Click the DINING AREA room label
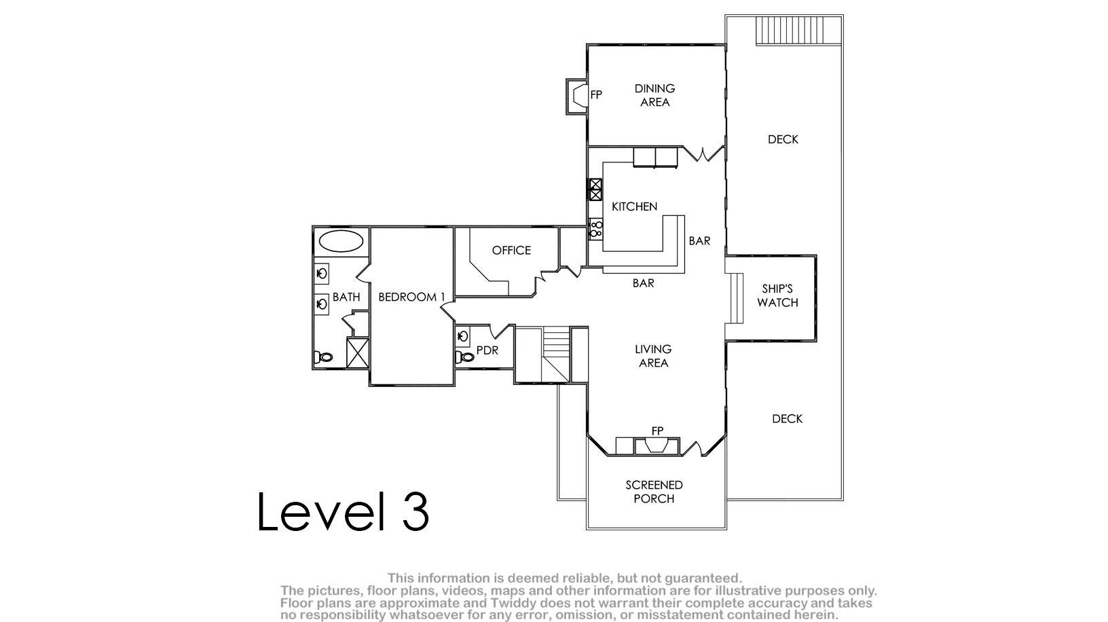[655, 95]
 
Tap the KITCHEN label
[634, 206]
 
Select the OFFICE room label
[511, 251]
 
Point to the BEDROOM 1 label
[411, 297]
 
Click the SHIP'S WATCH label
[777, 295]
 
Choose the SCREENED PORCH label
[654, 492]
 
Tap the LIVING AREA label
[653, 356]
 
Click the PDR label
[487, 350]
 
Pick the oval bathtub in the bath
[341, 242]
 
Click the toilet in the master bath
[323, 356]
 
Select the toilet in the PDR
[465, 356]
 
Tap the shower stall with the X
[357, 353]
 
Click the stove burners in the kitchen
[595, 230]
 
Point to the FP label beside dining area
[596, 94]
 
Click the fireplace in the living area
[657, 446]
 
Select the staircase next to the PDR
[556, 354]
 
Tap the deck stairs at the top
[799, 30]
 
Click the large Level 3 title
[343, 511]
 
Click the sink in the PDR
[462, 337]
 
